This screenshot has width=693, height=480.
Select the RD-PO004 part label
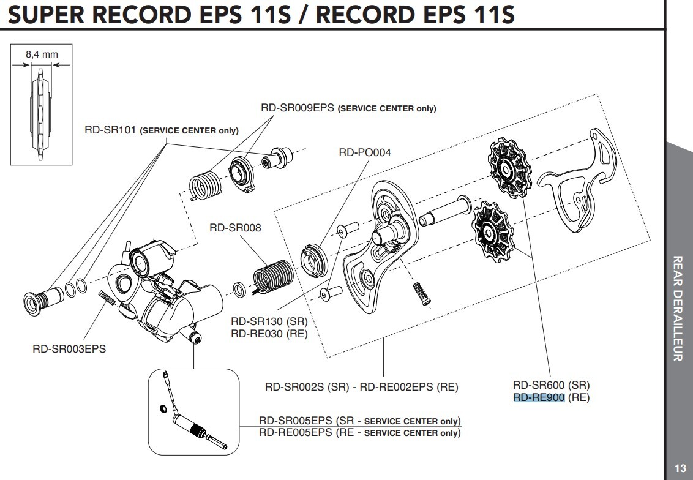pyautogui.click(x=364, y=152)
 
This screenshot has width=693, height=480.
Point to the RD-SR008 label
pyautogui.click(x=235, y=228)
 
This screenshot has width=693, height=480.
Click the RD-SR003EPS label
pyautogui.click(x=69, y=349)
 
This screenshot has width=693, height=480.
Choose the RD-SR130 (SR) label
pyautogui.click(x=269, y=322)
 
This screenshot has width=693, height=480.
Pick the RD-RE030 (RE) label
pyautogui.click(x=269, y=334)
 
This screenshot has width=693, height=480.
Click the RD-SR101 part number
pyautogui.click(x=110, y=130)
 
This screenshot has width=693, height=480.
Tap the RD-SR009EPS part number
pyautogui.click(x=298, y=108)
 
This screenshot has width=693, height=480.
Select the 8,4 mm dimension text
pyautogui.click(x=42, y=54)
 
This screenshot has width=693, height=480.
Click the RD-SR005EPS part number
pyautogui.click(x=296, y=421)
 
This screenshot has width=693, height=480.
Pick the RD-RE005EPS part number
pyautogui.click(x=296, y=432)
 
